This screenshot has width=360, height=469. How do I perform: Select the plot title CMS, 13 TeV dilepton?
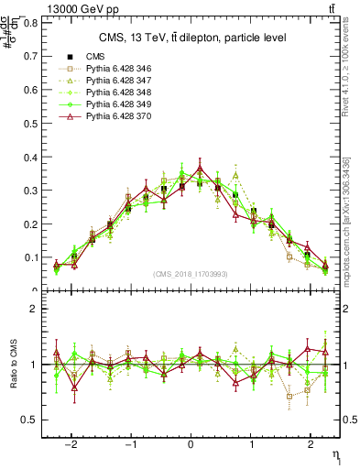pos(192,38)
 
